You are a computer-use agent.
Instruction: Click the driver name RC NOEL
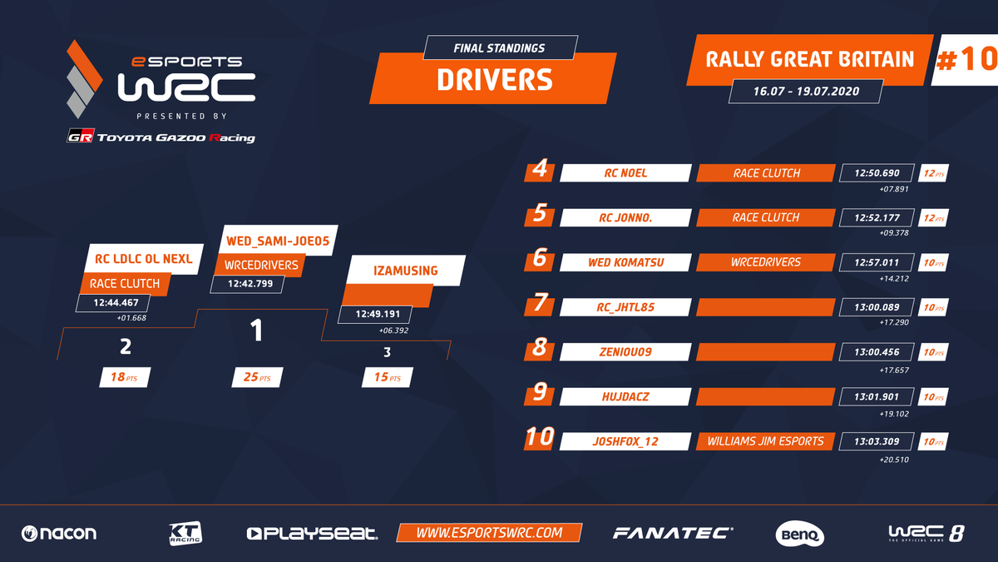[625, 173]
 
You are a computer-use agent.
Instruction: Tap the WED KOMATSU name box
[625, 262]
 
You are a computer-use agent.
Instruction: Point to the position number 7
[541, 305]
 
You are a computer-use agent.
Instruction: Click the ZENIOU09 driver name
[625, 352]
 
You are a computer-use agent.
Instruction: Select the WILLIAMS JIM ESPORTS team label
[766, 441]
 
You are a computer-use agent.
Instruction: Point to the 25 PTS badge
[257, 377]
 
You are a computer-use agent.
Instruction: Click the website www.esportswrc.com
[489, 533]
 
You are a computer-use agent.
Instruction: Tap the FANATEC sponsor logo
[673, 533]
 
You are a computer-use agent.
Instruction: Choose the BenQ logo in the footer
[799, 533]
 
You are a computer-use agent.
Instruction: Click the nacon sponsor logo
[59, 533]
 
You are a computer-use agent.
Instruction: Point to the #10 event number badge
[965, 60]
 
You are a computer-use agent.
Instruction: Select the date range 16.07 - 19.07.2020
[805, 90]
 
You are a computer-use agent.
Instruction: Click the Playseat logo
[312, 533]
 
